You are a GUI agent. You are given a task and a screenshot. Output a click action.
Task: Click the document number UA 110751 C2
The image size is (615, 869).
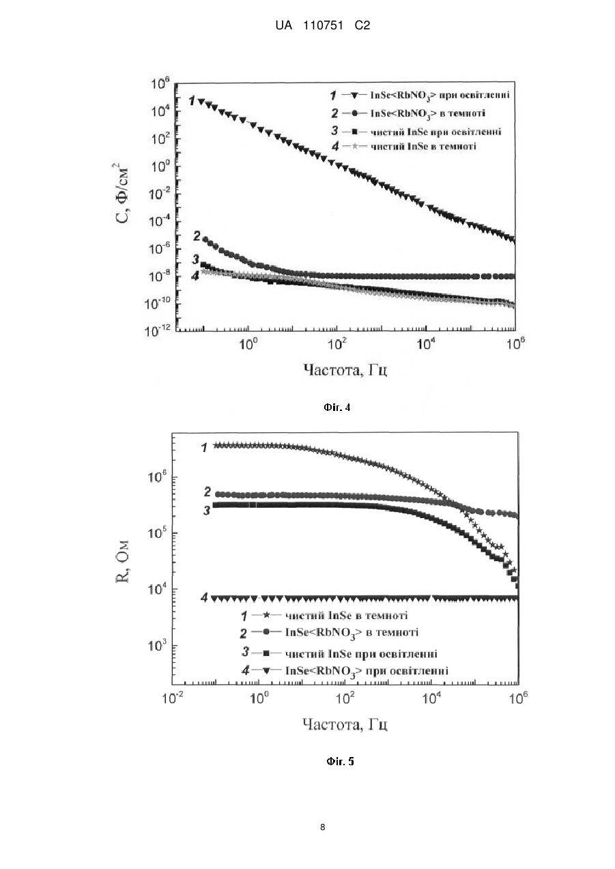pyautogui.click(x=322, y=26)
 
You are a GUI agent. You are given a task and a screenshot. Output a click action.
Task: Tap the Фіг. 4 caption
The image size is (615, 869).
pyautogui.click(x=337, y=407)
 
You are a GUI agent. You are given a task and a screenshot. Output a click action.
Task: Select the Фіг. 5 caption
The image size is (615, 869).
pyautogui.click(x=340, y=761)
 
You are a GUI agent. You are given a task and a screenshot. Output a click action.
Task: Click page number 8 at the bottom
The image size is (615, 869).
pyautogui.click(x=322, y=827)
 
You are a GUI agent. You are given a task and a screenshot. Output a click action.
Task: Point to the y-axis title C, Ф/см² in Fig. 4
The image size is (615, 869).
pyautogui.click(x=121, y=193)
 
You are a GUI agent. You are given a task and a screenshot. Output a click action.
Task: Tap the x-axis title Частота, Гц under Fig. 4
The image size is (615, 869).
pyautogui.click(x=345, y=370)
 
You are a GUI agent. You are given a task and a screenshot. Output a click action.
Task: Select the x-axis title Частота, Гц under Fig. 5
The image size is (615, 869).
pyautogui.click(x=345, y=724)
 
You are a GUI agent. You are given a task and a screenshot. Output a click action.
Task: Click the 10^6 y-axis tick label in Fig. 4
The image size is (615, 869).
pyautogui.click(x=160, y=83)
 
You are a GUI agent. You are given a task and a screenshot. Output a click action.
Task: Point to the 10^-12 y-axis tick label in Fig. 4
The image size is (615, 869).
pyautogui.click(x=158, y=331)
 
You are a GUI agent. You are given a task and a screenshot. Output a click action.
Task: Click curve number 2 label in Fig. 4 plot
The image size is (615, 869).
pyautogui.click(x=197, y=236)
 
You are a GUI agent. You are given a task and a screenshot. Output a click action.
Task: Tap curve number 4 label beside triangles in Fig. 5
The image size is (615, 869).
pyautogui.click(x=205, y=597)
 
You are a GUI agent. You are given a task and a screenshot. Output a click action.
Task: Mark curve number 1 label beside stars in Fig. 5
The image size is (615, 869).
pyautogui.click(x=205, y=448)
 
